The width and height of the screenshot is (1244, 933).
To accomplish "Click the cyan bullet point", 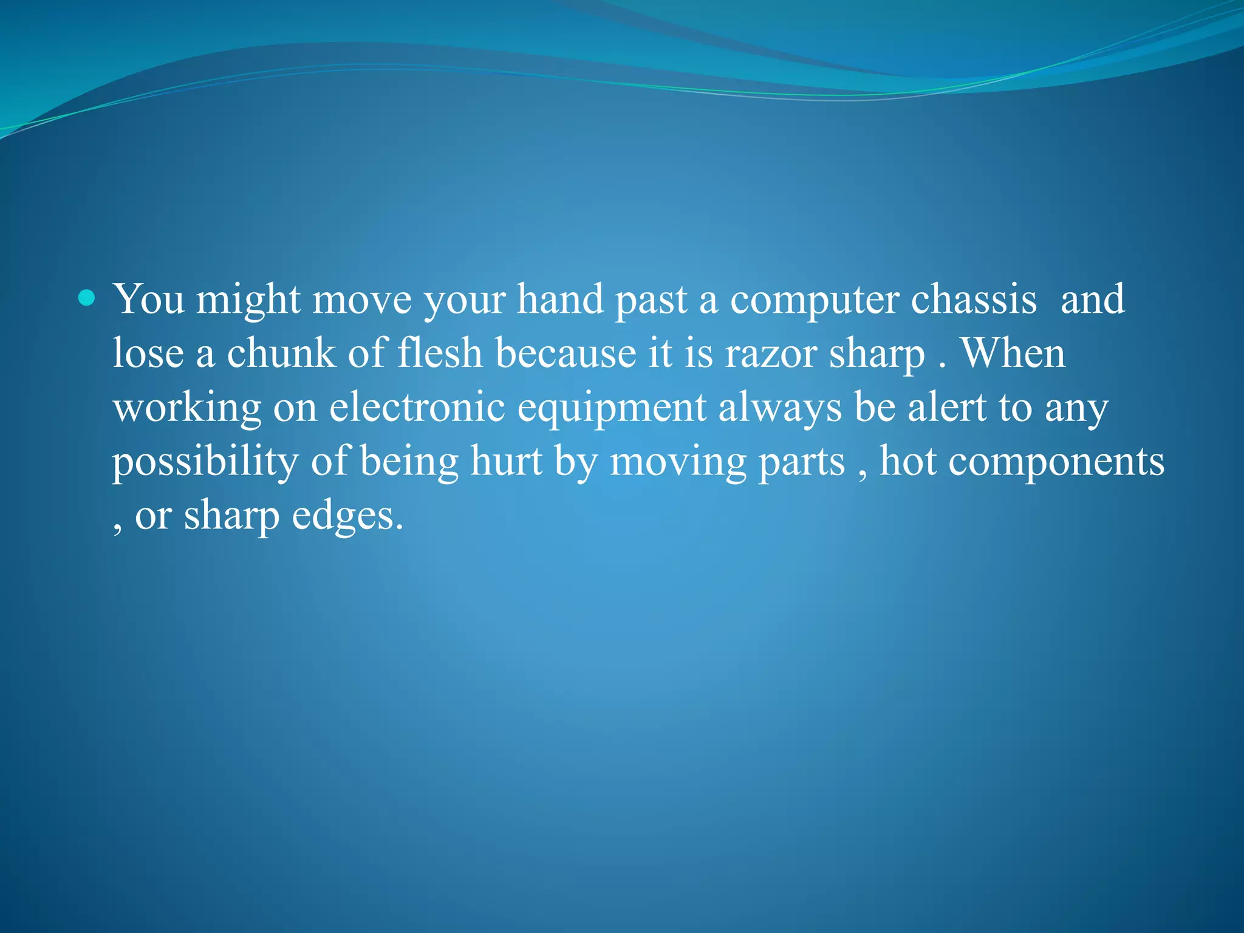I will (87, 298).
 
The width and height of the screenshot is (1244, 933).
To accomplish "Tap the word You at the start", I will (149, 299).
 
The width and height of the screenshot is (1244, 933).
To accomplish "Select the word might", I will (248, 300).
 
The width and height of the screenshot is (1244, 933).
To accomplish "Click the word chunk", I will (281, 353).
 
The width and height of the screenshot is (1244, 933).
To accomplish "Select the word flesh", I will (440, 353).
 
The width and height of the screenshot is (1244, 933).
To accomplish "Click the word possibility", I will (205, 462).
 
